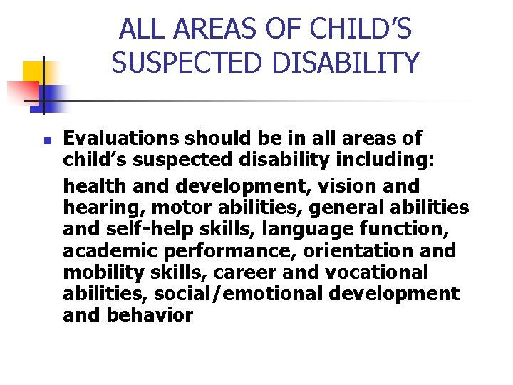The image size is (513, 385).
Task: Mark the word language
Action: [x=263, y=229]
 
